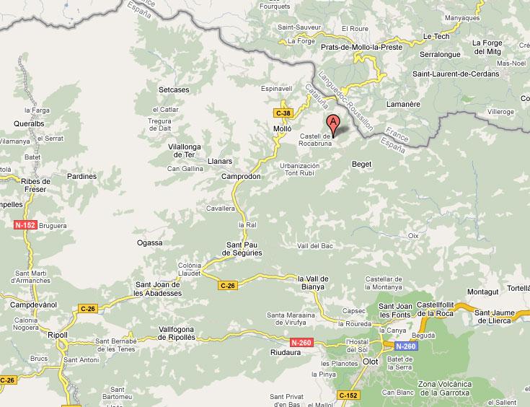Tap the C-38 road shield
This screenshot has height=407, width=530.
coord(283,113)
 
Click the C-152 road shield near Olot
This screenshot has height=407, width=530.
coord(347,395)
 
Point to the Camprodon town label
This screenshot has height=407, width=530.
coord(241,176)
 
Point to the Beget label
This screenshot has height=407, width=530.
coord(361,165)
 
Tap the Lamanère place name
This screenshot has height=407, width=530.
coord(403,104)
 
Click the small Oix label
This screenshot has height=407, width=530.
coord(413,235)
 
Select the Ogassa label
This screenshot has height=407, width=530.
coord(149,243)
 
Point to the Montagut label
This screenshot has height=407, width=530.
coord(482,292)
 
